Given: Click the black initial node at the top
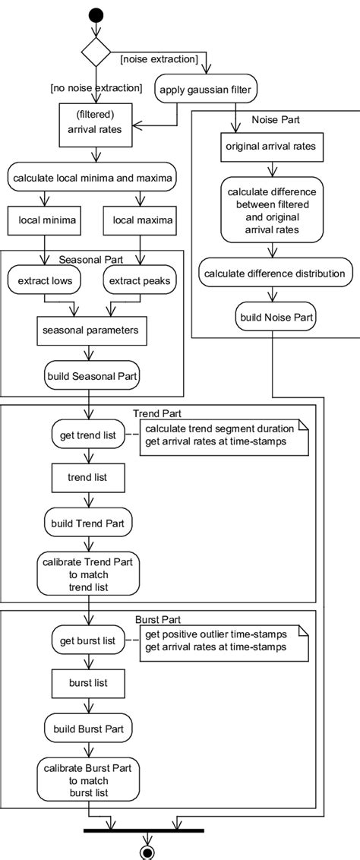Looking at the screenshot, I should coord(96,14).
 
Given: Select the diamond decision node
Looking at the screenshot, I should coord(96,52).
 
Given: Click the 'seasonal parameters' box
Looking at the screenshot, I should coord(90,330).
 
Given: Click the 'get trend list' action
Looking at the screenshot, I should coord(88,435).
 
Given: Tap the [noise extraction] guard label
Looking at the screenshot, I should coord(159,58).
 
